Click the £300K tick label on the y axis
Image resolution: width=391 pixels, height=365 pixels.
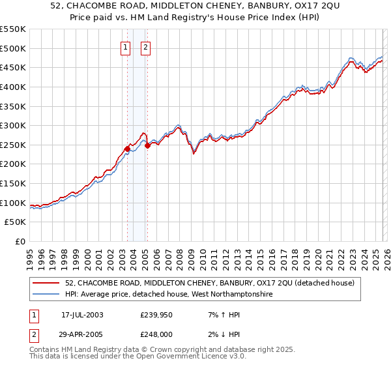pyautogui.click(x=13, y=125)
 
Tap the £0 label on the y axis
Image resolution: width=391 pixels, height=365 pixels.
pyautogui.click(x=21, y=242)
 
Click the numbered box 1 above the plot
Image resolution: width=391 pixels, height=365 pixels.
pyautogui.click(x=124, y=47)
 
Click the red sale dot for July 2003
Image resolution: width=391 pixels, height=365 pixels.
pyautogui.click(x=127, y=149)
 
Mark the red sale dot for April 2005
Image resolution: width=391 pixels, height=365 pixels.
pyautogui.click(x=148, y=145)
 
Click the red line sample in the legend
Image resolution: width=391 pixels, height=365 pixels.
pyautogui.click(x=47, y=283)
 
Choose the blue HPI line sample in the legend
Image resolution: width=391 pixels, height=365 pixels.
pyautogui.click(x=47, y=295)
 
